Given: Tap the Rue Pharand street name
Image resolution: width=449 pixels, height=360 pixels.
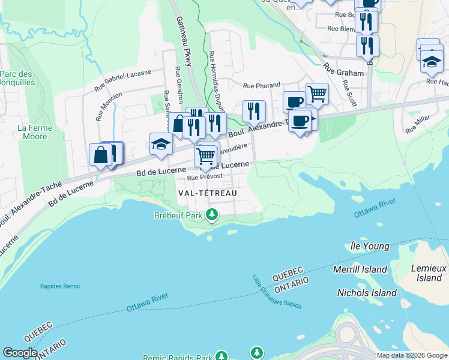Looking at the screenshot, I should coord(261,86).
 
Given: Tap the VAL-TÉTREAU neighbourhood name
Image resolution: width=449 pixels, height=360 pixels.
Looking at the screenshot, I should coord(208,193).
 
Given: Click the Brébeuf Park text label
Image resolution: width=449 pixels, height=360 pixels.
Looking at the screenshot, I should coord(178,215).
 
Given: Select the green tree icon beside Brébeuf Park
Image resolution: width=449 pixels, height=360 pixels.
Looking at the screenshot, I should coord(211,214).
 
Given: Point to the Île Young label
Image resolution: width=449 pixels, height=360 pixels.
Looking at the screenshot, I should coord(370,246).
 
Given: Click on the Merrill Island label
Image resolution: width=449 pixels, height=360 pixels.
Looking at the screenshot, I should coord(360,269).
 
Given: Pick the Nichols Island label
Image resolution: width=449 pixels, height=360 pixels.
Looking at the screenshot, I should coord(367,293).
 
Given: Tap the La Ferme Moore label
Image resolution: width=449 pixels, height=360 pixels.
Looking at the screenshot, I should coord(32,132).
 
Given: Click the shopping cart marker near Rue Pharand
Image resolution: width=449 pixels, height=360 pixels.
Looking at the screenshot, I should coord(317,94).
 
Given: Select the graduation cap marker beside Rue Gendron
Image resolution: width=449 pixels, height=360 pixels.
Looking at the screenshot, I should coord(161,144).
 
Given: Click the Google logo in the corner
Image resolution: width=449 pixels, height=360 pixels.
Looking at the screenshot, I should coord(19,353).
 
